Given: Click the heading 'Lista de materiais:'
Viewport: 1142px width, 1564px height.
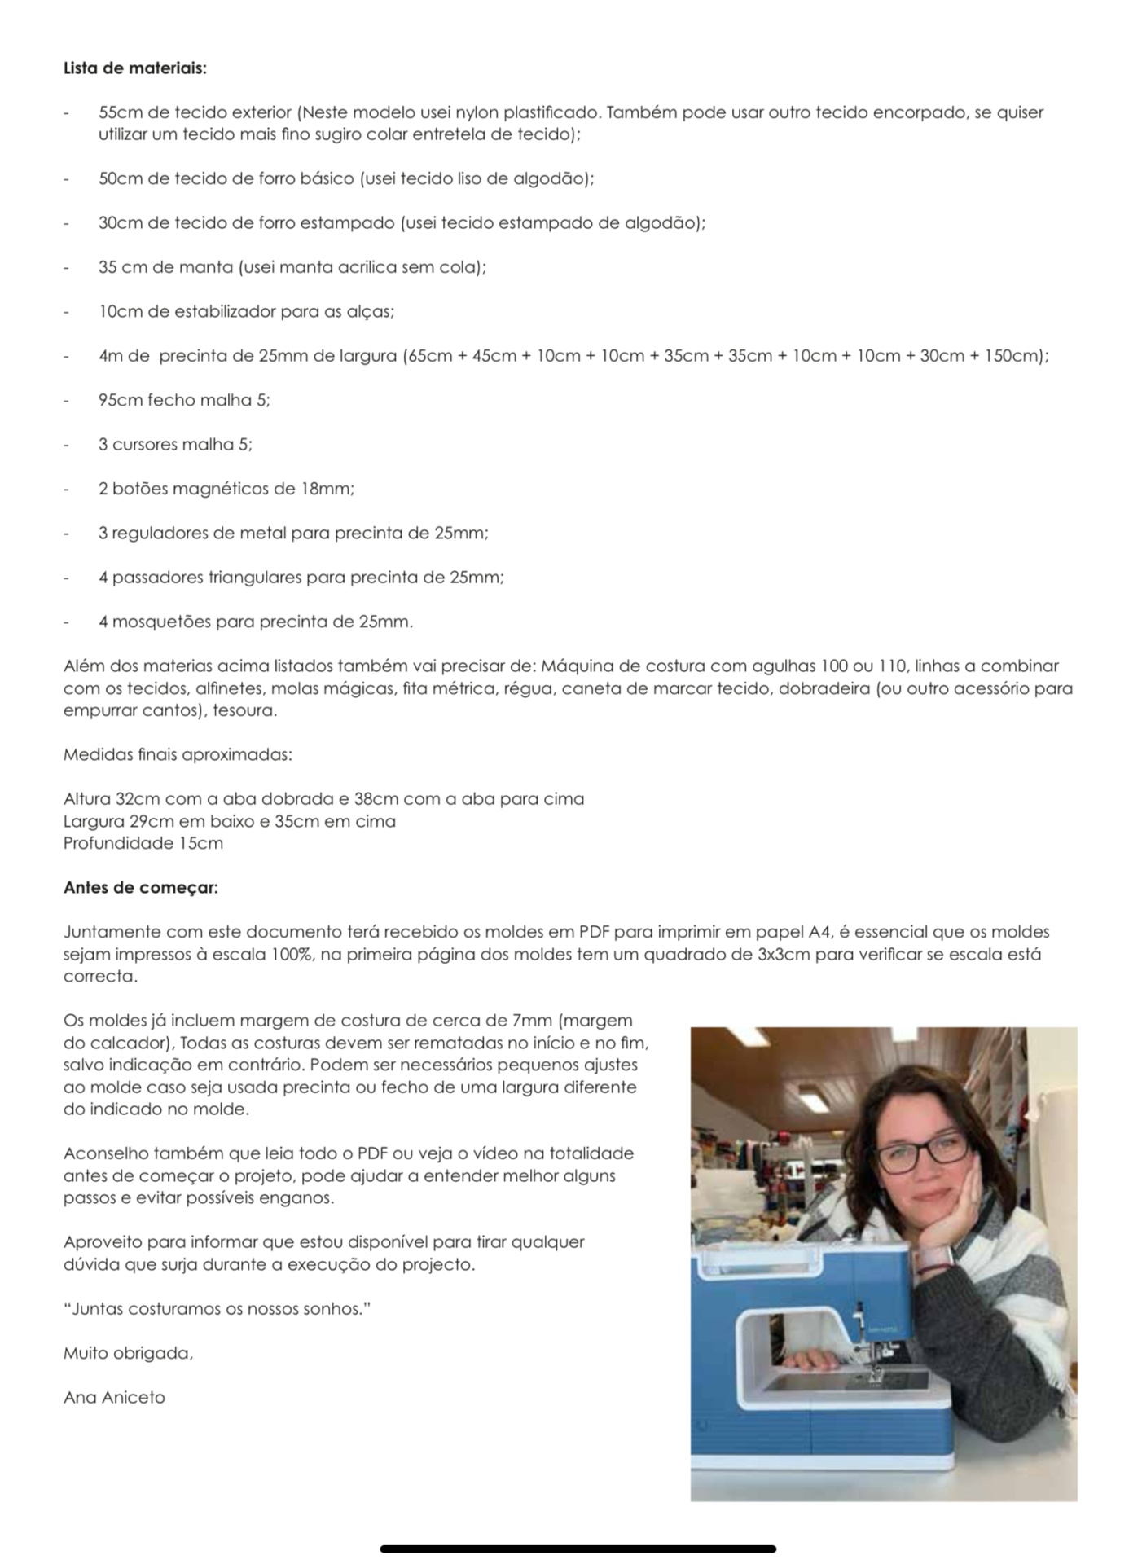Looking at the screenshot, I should [135, 68].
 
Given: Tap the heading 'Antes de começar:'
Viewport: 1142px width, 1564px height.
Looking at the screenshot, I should [140, 887].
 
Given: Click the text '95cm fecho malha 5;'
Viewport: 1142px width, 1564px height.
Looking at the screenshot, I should [184, 400].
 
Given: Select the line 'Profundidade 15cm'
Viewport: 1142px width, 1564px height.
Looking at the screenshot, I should [143, 843].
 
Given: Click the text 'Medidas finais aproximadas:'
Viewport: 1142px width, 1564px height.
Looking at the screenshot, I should [178, 754].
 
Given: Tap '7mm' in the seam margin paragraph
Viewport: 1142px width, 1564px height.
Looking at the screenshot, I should [533, 1021].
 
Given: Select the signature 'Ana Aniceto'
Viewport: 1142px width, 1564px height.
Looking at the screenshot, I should [114, 1398].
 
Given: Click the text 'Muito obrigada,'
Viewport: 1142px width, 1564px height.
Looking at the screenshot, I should [128, 1353].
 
